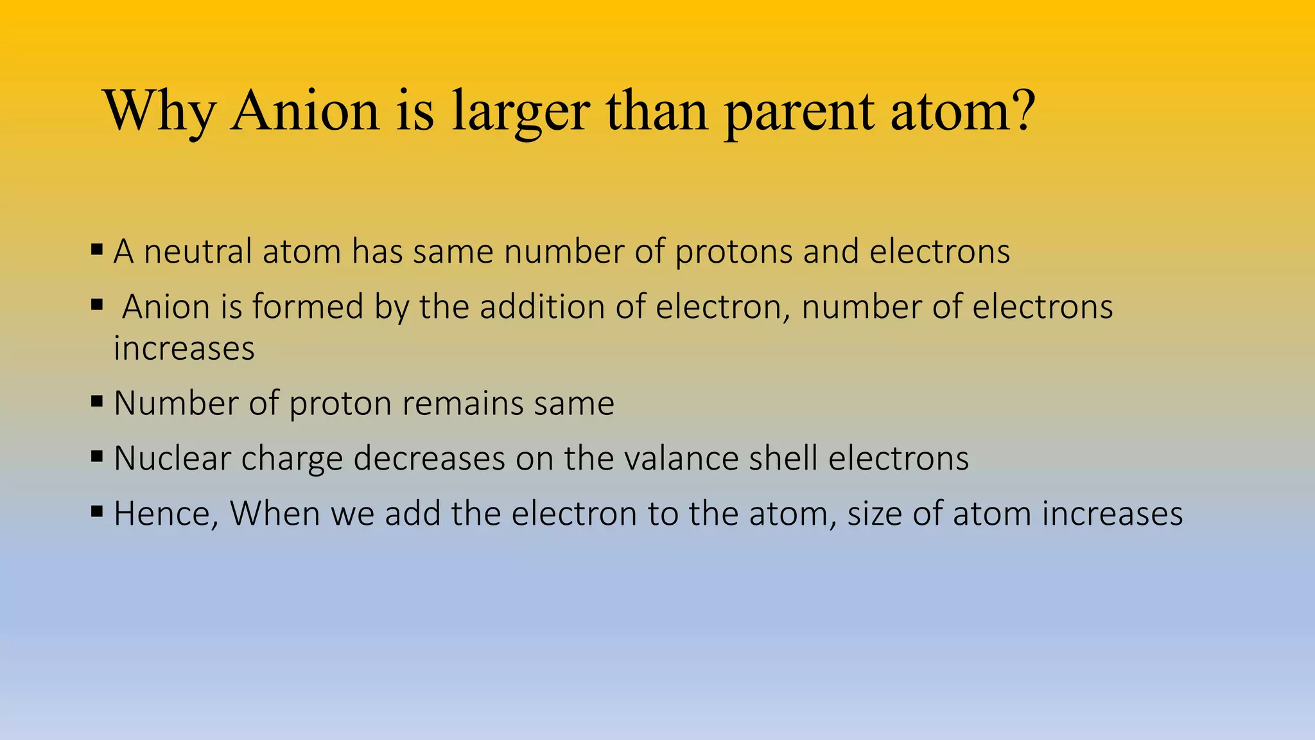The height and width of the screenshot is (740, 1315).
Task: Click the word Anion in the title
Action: pyautogui.click(x=306, y=110)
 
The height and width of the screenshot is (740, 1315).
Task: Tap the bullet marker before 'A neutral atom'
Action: pyautogui.click(x=97, y=249)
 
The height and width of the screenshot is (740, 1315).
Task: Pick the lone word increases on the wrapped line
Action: pyautogui.click(x=184, y=349)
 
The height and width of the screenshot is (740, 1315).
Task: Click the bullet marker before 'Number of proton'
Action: pyautogui.click(x=97, y=402)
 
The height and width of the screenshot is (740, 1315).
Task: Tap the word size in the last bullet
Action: pyautogui.click(x=875, y=515)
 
